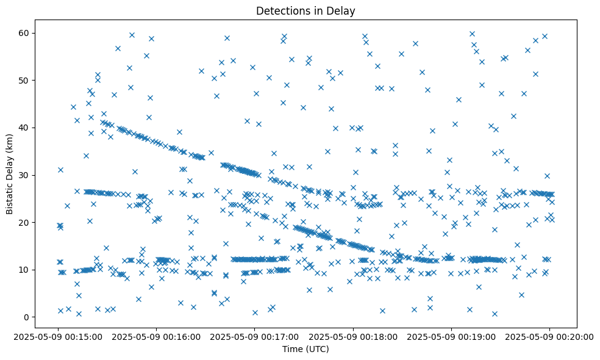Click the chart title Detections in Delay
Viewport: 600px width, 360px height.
click(x=305, y=11)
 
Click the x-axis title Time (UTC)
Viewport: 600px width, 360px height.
click(x=305, y=349)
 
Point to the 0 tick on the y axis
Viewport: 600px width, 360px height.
click(x=27, y=317)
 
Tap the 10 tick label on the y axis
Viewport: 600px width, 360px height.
click(x=24, y=270)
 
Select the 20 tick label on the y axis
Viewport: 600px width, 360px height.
click(x=24, y=222)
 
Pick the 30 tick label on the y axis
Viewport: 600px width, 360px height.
click(x=24, y=175)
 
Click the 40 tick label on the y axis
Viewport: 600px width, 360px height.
click(x=24, y=128)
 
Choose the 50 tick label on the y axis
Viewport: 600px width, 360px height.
click(x=24, y=80)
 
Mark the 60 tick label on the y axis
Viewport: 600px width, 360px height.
click(x=24, y=33)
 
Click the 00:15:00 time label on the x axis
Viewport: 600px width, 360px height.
click(x=59, y=336)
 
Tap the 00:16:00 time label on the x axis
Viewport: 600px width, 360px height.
click(x=157, y=336)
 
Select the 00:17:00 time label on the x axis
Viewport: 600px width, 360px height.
click(x=255, y=336)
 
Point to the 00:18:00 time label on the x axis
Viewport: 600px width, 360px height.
click(x=353, y=336)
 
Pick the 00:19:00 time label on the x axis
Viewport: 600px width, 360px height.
click(x=451, y=336)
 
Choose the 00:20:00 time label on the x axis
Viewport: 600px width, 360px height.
click(x=549, y=336)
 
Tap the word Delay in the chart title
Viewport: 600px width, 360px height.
click(x=343, y=11)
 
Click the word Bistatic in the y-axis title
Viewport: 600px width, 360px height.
click(x=10, y=194)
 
